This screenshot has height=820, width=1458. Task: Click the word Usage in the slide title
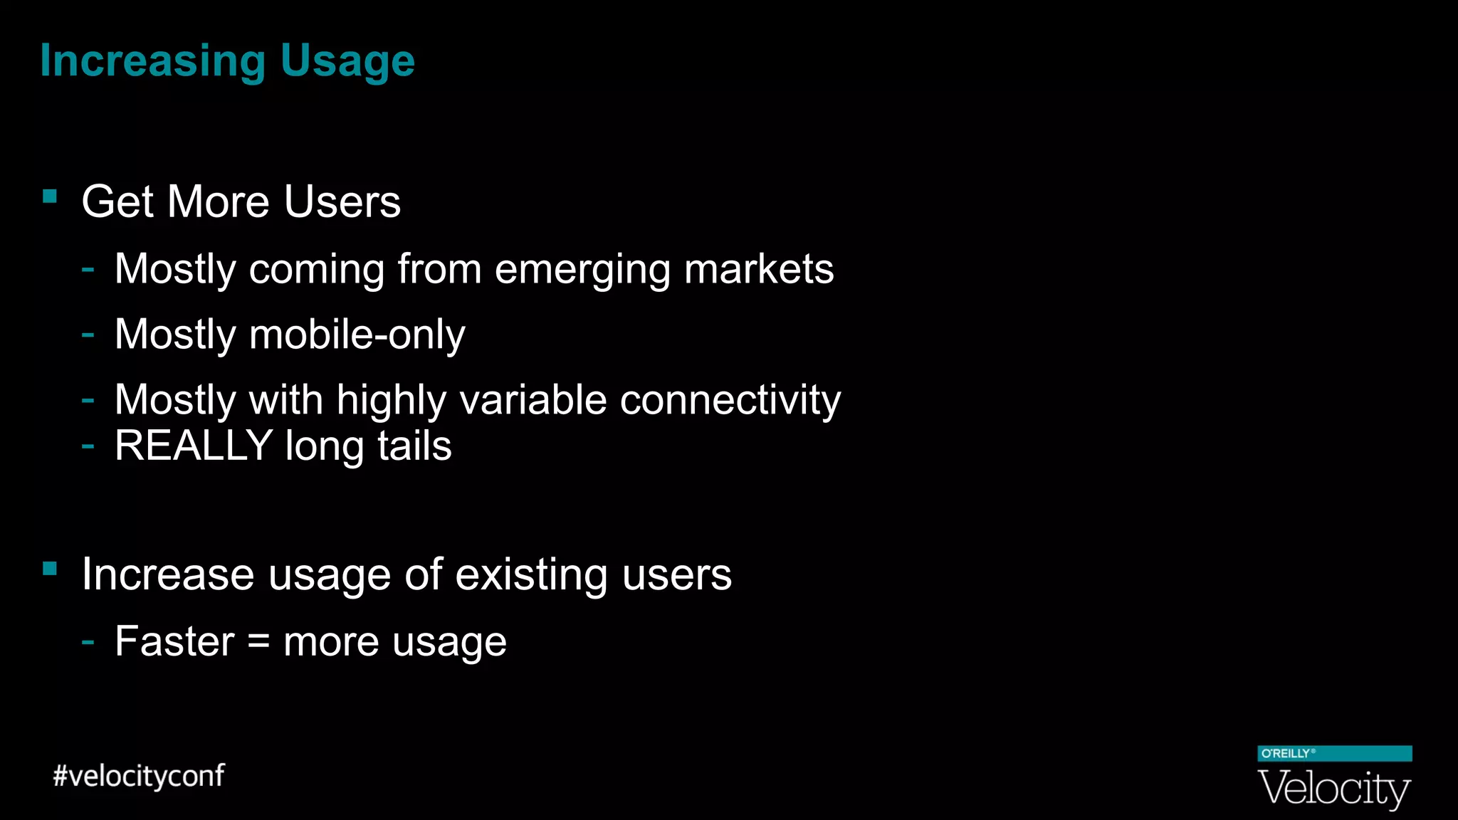pyautogui.click(x=347, y=61)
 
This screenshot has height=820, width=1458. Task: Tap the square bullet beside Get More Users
pyautogui.click(x=50, y=196)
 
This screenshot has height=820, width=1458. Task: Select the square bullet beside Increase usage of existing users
pyautogui.click(x=50, y=568)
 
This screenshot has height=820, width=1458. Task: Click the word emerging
pyautogui.click(x=582, y=270)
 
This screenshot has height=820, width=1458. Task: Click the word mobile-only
pyautogui.click(x=357, y=335)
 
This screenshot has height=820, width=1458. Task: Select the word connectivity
pyautogui.click(x=730, y=400)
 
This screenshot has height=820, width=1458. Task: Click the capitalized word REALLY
pyautogui.click(x=194, y=446)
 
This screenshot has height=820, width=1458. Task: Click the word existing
pyautogui.click(x=531, y=574)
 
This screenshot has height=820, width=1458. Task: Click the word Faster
pyautogui.click(x=174, y=641)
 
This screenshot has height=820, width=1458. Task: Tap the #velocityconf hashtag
pyautogui.click(x=139, y=776)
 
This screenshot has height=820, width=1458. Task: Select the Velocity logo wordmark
pyautogui.click(x=1334, y=789)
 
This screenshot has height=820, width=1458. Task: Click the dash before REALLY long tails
pyautogui.click(x=88, y=446)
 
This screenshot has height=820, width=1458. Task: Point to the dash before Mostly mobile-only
pyautogui.click(x=88, y=334)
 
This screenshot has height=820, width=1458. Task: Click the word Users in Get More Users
pyautogui.click(x=342, y=201)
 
